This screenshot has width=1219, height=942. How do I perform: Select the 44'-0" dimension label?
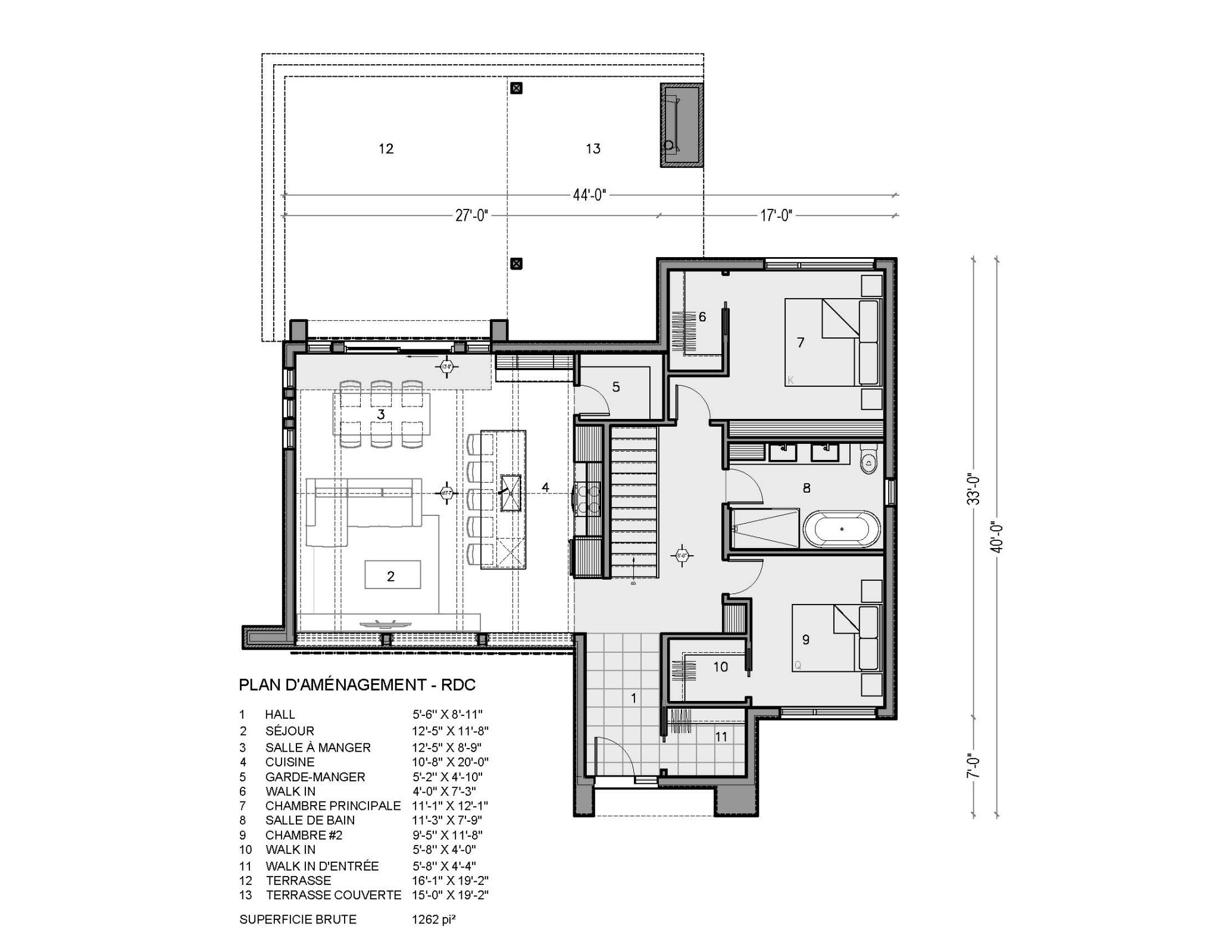point(589,195)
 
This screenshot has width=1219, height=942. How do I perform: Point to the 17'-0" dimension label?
point(776,216)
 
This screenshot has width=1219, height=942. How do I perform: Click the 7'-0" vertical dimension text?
point(972,766)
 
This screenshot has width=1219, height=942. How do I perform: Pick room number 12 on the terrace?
point(386,149)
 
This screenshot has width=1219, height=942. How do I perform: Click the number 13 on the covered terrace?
point(593,149)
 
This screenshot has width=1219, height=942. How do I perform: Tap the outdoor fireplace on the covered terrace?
point(682,125)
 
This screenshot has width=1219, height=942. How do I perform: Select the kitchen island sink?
point(510,493)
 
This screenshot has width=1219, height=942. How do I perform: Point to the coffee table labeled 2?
point(392,575)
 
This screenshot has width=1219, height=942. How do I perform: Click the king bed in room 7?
point(830,342)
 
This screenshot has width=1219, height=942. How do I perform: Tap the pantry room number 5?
point(616,387)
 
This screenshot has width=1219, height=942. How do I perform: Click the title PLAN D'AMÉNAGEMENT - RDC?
point(357,685)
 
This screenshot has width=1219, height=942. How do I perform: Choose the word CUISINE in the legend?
point(290,762)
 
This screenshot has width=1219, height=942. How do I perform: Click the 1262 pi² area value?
point(433,919)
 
